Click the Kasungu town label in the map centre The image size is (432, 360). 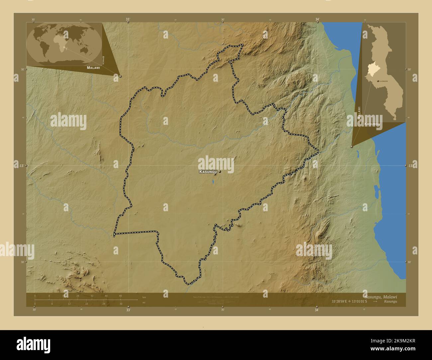coord(208,172)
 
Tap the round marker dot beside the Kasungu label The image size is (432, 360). coord(220,172)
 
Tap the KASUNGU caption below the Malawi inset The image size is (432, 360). coord(372,124)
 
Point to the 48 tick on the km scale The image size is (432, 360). coord(120,296)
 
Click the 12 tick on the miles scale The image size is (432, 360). coord(69,304)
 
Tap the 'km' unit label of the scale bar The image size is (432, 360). coord(144,297)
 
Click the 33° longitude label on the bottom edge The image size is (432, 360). coord(128,310)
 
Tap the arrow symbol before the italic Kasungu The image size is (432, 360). coord(375,302)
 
